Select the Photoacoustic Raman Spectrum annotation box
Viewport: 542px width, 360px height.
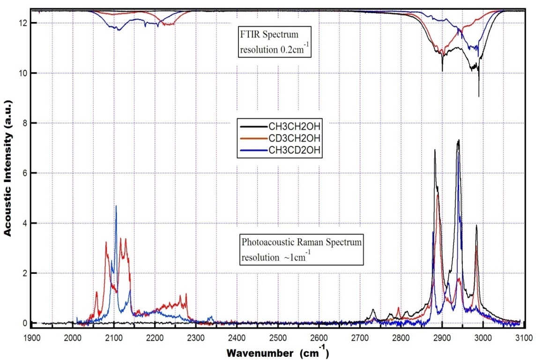coord(302,250)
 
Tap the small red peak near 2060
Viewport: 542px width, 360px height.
coord(97,292)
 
